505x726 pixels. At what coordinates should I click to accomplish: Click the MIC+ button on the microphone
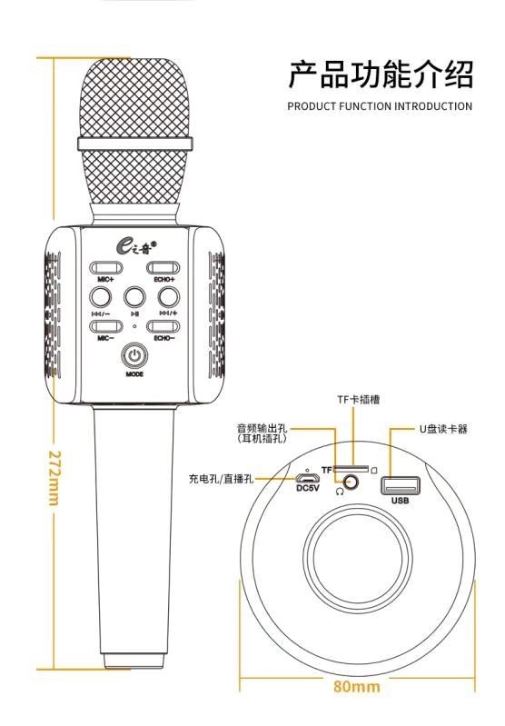(106, 268)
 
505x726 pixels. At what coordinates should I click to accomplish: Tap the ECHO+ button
(163, 268)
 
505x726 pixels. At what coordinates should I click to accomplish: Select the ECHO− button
(163, 326)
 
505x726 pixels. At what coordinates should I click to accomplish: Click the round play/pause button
(134, 297)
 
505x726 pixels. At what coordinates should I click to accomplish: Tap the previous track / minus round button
(101, 297)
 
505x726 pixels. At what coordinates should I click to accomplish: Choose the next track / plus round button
(169, 297)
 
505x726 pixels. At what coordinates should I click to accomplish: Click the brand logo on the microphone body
(135, 245)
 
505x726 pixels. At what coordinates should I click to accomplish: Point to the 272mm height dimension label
(54, 477)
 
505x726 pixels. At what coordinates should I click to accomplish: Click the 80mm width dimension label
(356, 686)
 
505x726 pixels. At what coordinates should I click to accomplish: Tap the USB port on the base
(401, 486)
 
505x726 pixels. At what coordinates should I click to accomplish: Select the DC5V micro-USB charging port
(307, 478)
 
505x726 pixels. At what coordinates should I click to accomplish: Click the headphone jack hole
(352, 482)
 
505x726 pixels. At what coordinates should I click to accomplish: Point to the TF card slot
(351, 470)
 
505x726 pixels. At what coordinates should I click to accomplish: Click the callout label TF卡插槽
(358, 399)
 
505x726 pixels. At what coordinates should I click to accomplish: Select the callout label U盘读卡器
(443, 429)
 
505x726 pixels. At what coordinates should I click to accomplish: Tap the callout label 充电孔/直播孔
(221, 479)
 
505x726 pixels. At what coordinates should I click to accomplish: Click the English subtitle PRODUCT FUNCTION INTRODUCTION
(380, 106)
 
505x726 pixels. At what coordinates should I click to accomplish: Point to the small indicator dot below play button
(134, 326)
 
